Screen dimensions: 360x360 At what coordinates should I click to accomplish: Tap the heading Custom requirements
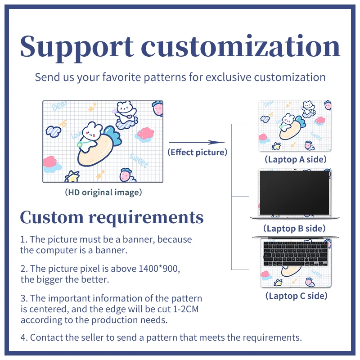(x=112, y=217)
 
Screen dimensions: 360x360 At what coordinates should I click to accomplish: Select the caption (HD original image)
(x=103, y=192)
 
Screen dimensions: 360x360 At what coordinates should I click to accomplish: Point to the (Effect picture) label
(x=197, y=152)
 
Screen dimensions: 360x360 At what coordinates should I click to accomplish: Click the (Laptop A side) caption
(x=295, y=159)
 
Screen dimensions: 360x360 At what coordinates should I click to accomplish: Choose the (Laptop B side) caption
(x=294, y=228)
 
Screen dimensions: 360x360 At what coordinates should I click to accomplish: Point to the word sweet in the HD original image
(x=139, y=160)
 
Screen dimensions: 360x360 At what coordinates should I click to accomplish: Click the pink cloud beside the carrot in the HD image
(x=145, y=134)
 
